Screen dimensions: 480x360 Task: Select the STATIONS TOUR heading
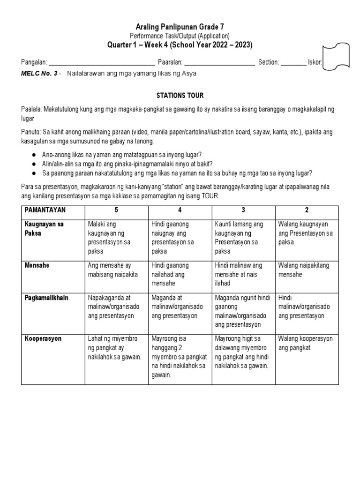[180, 96]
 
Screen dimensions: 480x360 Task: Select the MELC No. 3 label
[40, 74]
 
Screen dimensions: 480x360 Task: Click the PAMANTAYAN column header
[46, 210]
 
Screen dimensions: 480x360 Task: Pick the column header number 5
[116, 210]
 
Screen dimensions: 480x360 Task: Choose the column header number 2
[307, 210]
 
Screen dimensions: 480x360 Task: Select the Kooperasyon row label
[44, 338]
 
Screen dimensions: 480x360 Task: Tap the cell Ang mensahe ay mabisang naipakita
[113, 270]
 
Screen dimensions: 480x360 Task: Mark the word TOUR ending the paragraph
[210, 196]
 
